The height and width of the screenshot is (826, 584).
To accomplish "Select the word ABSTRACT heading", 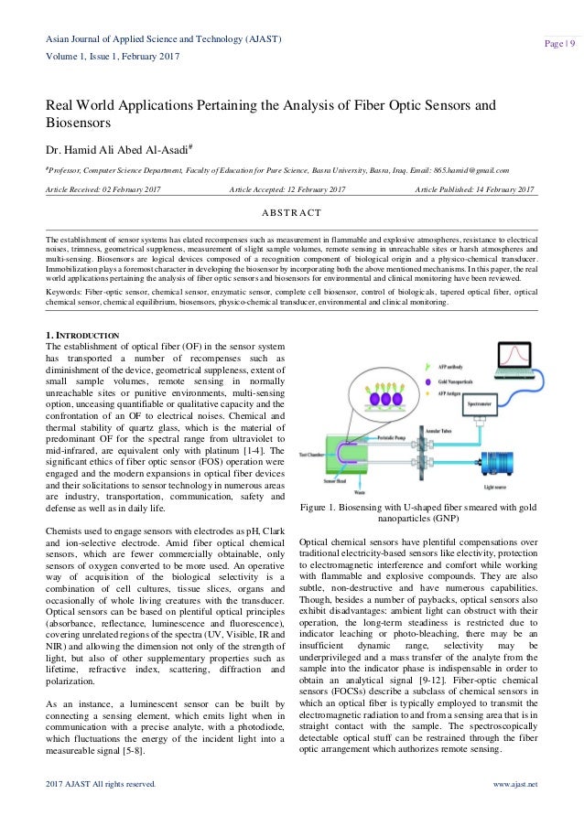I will [291, 214].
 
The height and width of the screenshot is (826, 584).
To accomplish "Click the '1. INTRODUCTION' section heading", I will [82, 336].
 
